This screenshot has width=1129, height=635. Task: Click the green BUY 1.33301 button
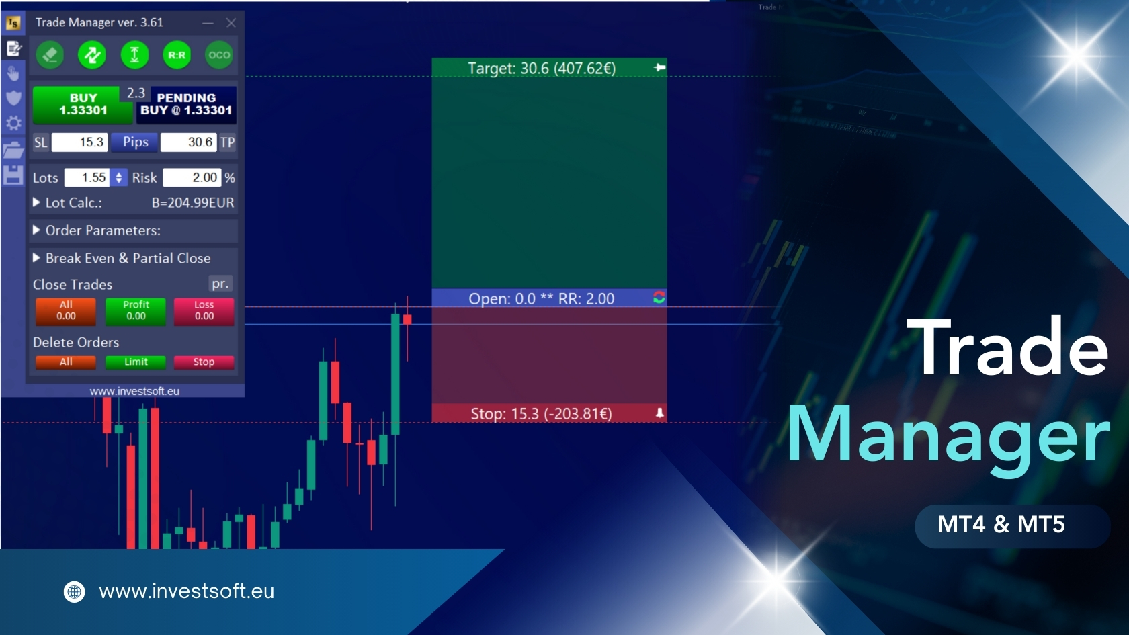tap(83, 105)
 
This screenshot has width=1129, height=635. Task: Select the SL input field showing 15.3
tap(79, 142)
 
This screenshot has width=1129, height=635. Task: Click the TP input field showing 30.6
tap(188, 142)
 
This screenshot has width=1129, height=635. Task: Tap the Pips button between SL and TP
tap(136, 142)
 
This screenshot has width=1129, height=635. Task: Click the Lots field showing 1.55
tap(87, 177)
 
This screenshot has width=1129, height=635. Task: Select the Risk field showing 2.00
tap(192, 177)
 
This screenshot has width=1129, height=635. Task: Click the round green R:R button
tap(176, 55)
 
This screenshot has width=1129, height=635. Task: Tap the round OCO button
tap(219, 55)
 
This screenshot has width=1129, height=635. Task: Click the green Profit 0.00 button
tap(136, 311)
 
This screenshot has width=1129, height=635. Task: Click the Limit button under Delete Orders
tap(136, 362)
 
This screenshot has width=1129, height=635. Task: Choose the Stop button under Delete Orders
tap(204, 362)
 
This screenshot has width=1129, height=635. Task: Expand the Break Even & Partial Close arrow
tap(36, 258)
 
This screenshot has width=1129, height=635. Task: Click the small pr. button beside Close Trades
tap(220, 284)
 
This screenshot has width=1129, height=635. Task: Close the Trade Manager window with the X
tap(231, 23)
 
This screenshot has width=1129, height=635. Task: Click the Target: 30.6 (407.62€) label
tap(542, 68)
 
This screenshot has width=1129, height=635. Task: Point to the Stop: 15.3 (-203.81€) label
tap(542, 414)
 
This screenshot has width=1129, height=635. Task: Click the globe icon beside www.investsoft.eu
tap(74, 591)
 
